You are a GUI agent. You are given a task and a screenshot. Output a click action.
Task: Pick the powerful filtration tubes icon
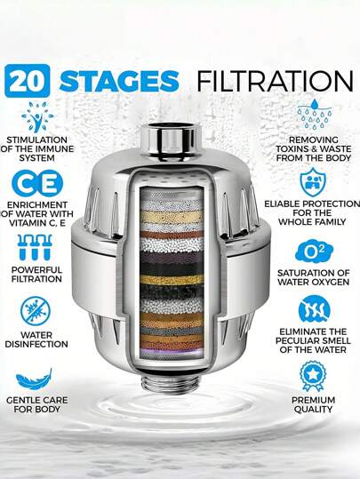[36, 247]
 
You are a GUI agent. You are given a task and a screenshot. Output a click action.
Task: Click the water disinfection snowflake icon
[36, 311]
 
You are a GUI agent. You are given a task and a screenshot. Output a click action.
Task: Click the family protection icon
[315, 183]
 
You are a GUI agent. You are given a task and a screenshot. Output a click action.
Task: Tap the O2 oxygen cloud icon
[313, 251]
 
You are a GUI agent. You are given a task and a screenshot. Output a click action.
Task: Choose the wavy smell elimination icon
[315, 310]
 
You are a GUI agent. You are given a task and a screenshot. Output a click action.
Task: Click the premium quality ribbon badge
[314, 375]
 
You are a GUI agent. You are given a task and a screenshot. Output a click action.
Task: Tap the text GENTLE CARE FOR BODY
[37, 405]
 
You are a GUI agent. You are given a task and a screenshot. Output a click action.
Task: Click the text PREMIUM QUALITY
[314, 404]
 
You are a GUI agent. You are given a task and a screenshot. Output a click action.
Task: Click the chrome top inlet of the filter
[180, 140]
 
